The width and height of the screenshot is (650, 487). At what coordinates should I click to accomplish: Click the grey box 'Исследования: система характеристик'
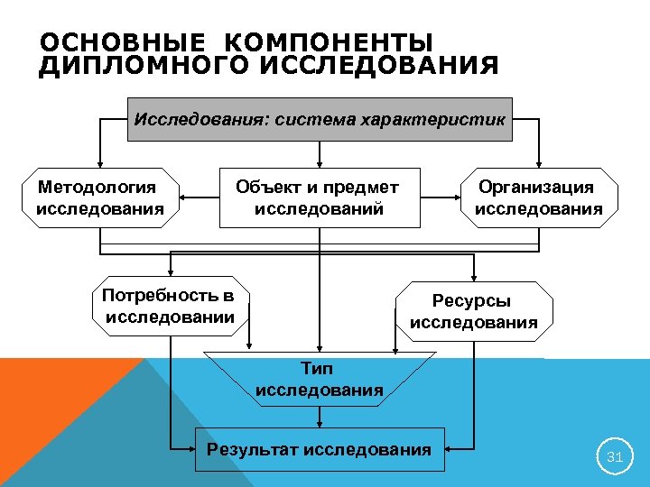[x=320, y=119]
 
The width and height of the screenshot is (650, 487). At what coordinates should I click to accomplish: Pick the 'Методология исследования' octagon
[x=98, y=198]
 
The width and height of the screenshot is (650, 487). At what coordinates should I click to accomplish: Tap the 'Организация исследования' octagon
[x=538, y=198]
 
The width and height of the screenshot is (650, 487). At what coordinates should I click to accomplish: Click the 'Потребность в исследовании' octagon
[x=170, y=307]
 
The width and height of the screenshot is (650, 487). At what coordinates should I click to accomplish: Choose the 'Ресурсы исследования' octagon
[x=473, y=311]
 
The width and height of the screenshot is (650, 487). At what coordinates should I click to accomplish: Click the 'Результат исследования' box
[x=320, y=449]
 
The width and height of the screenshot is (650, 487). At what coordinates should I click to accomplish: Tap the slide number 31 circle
[x=615, y=457]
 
